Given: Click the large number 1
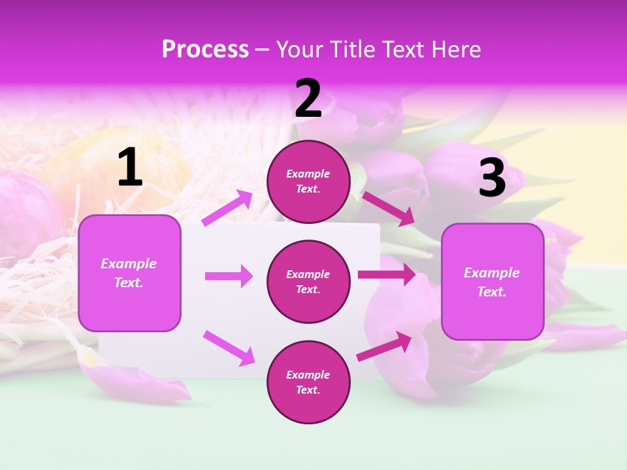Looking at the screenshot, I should pyautogui.click(x=130, y=168).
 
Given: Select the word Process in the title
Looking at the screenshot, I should pyautogui.click(x=205, y=49).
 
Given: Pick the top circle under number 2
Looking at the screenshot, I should pyautogui.click(x=308, y=181).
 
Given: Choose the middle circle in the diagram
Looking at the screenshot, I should pyautogui.click(x=308, y=281).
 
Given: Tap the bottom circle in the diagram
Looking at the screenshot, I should pyautogui.click(x=308, y=382).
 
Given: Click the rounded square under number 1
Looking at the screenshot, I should pyautogui.click(x=129, y=273).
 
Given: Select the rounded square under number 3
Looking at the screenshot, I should pyautogui.click(x=492, y=281).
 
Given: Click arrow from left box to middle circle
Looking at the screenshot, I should pyautogui.click(x=229, y=276).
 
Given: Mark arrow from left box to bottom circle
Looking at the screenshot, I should pyautogui.click(x=229, y=347).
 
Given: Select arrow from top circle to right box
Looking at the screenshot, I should pyautogui.click(x=388, y=208).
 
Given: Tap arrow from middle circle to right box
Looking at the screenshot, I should pyautogui.click(x=386, y=275).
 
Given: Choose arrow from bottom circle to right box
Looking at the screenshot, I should pyautogui.click(x=385, y=346).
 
